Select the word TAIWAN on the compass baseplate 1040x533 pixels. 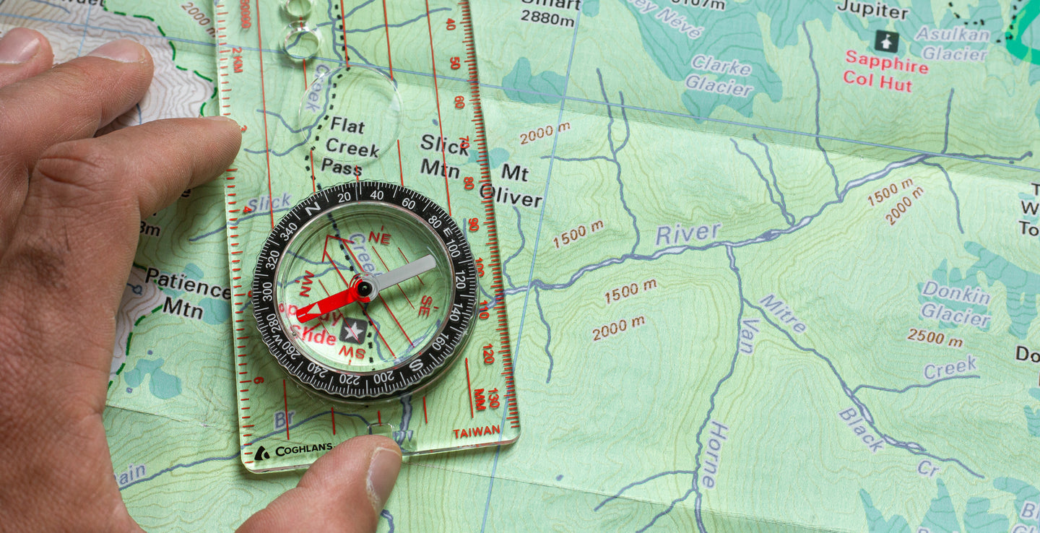476,431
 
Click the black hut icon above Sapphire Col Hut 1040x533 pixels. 886,41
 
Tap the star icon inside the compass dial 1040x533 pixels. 353,331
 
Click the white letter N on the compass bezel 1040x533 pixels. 313,209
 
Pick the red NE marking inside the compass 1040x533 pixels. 379,236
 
